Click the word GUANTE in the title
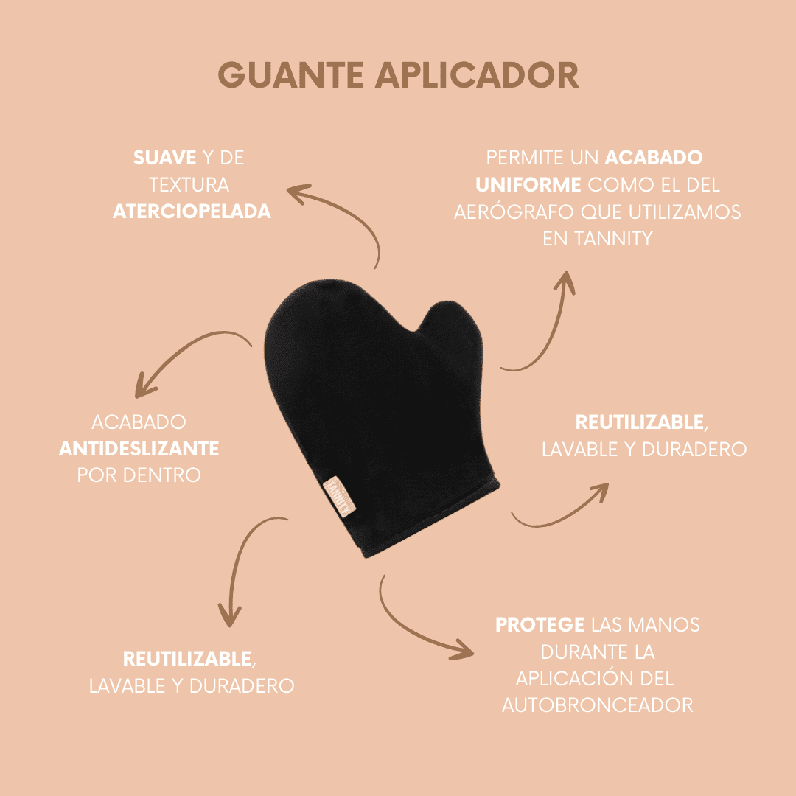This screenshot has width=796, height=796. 291,75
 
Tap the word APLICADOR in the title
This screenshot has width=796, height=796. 477,75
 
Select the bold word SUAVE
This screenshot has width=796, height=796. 164,158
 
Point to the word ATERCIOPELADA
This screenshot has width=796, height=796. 192,212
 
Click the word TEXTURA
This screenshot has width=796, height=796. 189,184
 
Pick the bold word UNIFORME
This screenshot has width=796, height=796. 528,184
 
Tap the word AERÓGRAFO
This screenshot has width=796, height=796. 514,212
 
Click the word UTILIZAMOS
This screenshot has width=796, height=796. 685,212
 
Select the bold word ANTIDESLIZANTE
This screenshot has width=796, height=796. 139,448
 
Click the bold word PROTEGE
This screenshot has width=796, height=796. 540,625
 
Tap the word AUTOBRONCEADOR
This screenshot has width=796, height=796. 598,705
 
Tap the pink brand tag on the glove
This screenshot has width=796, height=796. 339,497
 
